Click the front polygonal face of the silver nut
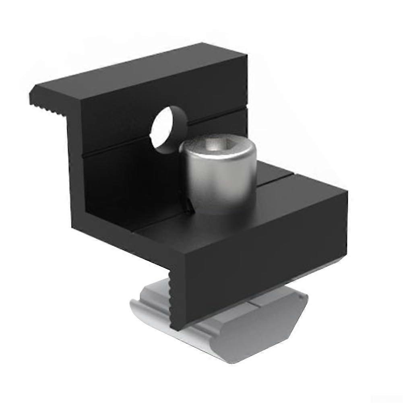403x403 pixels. [x=258, y=334]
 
